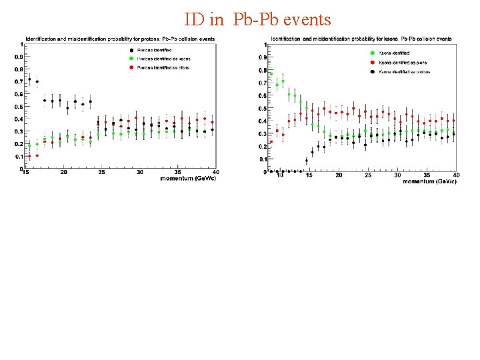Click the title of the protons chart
click(x=120, y=39)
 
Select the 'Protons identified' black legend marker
click(x=131, y=51)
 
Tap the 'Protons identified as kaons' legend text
click(x=163, y=59)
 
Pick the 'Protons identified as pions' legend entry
click(x=163, y=67)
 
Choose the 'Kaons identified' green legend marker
click(x=371, y=53)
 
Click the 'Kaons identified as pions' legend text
click(x=399, y=61)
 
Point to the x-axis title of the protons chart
click(x=189, y=178)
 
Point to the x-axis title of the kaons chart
click(x=429, y=181)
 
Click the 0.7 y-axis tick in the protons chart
click(x=20, y=82)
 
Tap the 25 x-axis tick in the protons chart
click(x=101, y=173)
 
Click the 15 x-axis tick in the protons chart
click(x=25, y=173)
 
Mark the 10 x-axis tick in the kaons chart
click(x=281, y=175)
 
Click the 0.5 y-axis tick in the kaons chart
click(x=263, y=108)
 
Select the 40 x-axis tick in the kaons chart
click(x=456, y=175)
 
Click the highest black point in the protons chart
click(x=29, y=79)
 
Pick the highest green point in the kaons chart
click(x=271, y=74)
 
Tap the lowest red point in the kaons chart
click(x=271, y=141)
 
